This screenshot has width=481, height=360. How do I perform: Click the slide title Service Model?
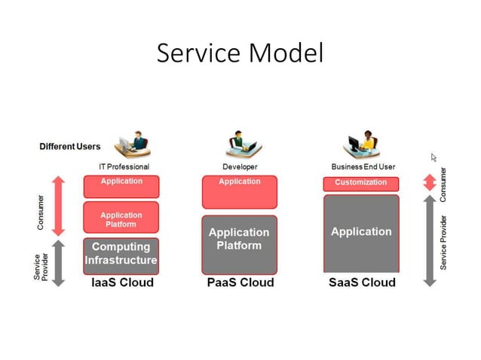pyautogui.click(x=240, y=53)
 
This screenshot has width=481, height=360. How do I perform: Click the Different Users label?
pyautogui.click(x=69, y=146)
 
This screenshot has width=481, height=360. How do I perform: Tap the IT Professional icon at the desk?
pyautogui.click(x=131, y=144)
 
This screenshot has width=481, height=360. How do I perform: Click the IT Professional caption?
pyautogui.click(x=124, y=166)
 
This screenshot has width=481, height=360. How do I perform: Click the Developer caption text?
pyautogui.click(x=240, y=166)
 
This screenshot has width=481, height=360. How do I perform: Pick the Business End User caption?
pyautogui.click(x=363, y=166)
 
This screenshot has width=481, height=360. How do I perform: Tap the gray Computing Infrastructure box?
pyautogui.click(x=121, y=255)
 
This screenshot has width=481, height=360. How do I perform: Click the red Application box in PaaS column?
pyautogui.click(x=240, y=191)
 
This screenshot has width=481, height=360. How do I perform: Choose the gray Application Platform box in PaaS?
pyautogui.click(x=240, y=243)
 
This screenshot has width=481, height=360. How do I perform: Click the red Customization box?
pyautogui.click(x=361, y=183)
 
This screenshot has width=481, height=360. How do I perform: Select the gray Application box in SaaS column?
pyautogui.click(x=361, y=233)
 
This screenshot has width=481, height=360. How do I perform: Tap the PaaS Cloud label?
pyautogui.click(x=240, y=282)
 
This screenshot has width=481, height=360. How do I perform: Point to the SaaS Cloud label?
pyautogui.click(x=362, y=282)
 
